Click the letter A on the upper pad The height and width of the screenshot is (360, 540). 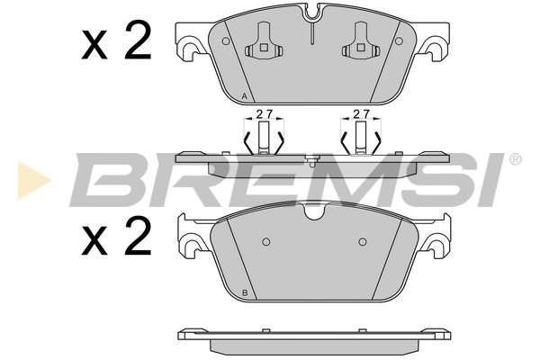[x=245, y=96]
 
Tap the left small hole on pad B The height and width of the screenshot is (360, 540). [x=265, y=241]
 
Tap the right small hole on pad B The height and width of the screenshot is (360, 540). [x=362, y=241]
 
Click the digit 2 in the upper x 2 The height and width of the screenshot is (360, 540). [x=138, y=41]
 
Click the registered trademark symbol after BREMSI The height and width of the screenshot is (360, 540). [x=515, y=159]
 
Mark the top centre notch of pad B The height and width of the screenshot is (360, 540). [x=314, y=213]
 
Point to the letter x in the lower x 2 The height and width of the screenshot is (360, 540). [x=95, y=241]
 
